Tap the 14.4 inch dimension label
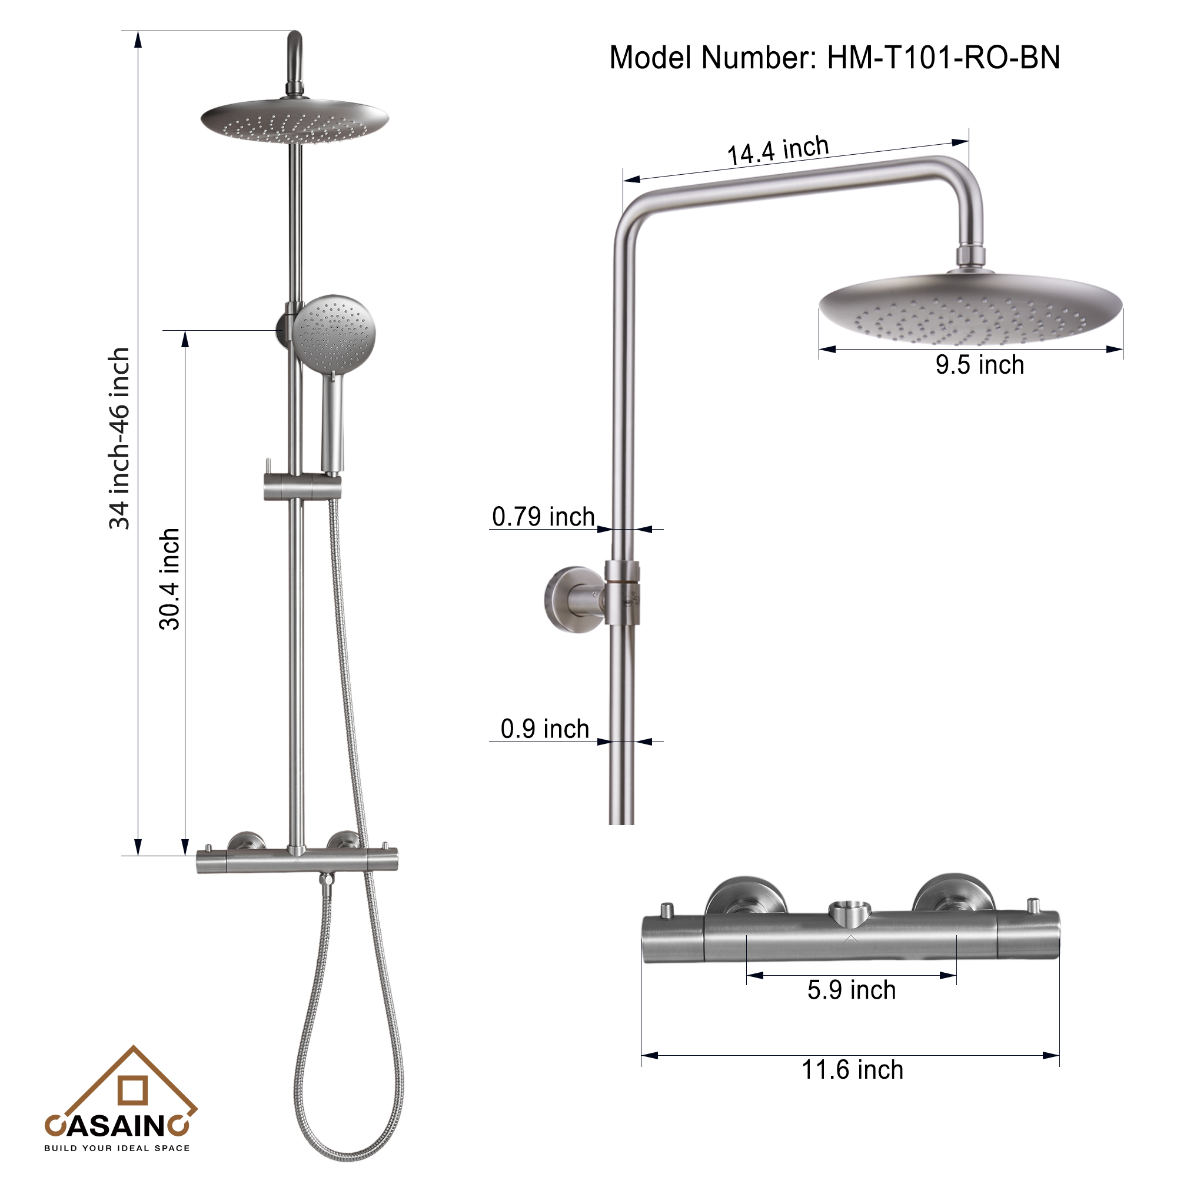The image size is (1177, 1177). pyautogui.click(x=778, y=150)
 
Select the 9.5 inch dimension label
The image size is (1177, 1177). pyautogui.click(x=979, y=365)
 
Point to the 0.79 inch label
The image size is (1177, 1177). pyautogui.click(x=543, y=517)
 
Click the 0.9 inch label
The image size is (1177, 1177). pyautogui.click(x=544, y=729)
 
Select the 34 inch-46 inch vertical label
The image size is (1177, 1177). pyautogui.click(x=119, y=438)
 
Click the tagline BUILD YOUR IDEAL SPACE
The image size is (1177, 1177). pyautogui.click(x=117, y=1148)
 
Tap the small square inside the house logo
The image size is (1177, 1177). pyautogui.click(x=133, y=1090)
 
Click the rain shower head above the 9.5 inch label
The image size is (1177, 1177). pyautogui.click(x=970, y=308)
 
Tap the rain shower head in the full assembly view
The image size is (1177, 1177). pyautogui.click(x=295, y=121)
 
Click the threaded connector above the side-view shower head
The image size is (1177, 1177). pyautogui.click(x=970, y=256)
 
